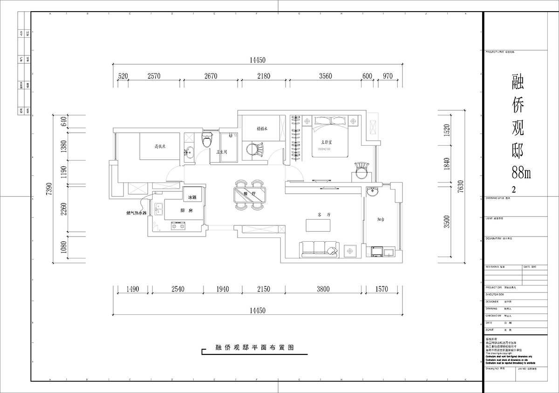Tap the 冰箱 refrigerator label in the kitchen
[x=192, y=197]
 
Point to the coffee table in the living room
[x=318, y=225]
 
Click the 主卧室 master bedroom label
[x=326, y=142]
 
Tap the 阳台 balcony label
[x=381, y=219]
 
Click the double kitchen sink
[x=158, y=209]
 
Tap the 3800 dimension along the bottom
[x=323, y=289]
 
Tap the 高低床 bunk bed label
[x=148, y=146]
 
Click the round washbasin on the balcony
[x=372, y=191]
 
